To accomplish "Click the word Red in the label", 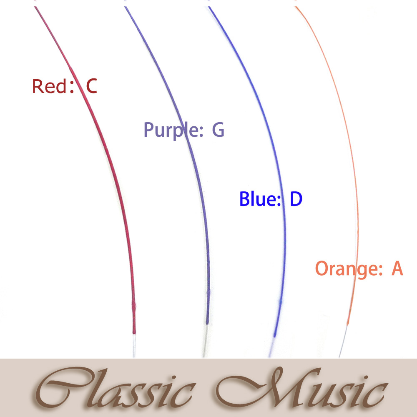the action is (x=49, y=86).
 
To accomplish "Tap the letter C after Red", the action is (x=91, y=86).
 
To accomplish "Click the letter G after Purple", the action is (x=218, y=130).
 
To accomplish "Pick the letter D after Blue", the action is (x=296, y=198).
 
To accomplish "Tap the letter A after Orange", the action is (x=397, y=268).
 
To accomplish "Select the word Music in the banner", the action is (x=302, y=388).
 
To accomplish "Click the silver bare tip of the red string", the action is (x=134, y=346).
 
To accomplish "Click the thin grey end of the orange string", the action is (x=343, y=342).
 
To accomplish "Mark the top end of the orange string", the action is (x=296, y=7).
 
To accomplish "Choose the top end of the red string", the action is (x=35, y=7).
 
